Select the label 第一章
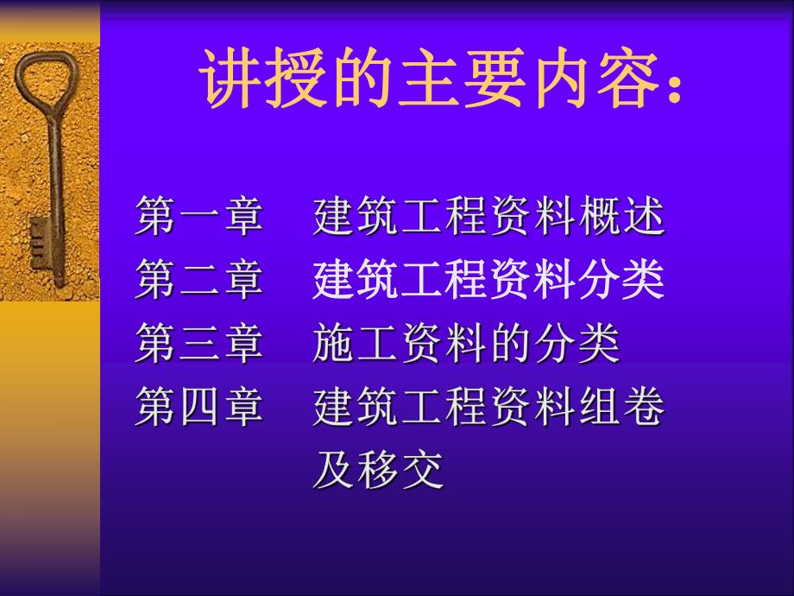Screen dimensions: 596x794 pos(199,218)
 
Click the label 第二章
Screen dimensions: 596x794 pos(199,280)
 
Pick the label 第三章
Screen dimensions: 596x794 pos(199,344)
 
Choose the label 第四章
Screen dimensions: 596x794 pos(199,407)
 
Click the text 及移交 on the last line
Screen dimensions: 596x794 pos(378,471)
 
